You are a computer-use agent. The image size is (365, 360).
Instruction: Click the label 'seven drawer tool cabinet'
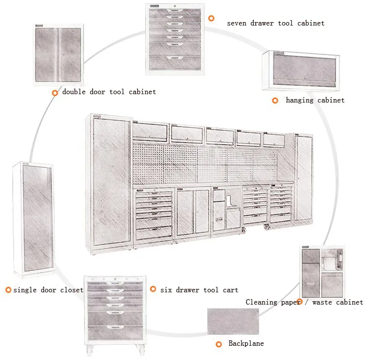pyautogui.click(x=275, y=23)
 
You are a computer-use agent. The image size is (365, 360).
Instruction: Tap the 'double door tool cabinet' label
pyautogui.click(x=109, y=92)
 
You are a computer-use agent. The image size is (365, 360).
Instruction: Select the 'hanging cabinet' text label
pyautogui.click(x=315, y=100)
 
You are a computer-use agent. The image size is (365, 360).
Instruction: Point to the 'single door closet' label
pyautogui.click(x=48, y=290)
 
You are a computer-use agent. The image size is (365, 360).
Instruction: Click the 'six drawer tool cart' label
pyautogui.click(x=199, y=290)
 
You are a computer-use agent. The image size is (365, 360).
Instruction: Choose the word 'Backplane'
pyautogui.click(x=246, y=343)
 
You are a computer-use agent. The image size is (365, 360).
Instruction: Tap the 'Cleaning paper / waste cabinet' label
pyautogui.click(x=304, y=302)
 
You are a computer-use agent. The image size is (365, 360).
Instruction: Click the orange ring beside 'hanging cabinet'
pyautogui.click(x=275, y=100)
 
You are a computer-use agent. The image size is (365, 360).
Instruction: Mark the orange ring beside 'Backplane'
pyautogui.click(x=219, y=344)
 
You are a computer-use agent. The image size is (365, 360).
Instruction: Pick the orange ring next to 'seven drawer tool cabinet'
pyautogui.click(x=211, y=18)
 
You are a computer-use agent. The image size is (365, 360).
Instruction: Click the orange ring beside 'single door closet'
pyautogui.click(x=8, y=290)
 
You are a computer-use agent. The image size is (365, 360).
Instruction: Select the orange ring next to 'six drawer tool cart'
pyautogui.click(x=153, y=289)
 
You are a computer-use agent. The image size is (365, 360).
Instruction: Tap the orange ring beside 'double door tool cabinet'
pyautogui.click(x=55, y=92)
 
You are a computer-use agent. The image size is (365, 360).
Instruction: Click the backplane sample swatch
pyautogui.click(x=233, y=321)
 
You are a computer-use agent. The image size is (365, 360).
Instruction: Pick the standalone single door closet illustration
pyautogui.click(x=33, y=219)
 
